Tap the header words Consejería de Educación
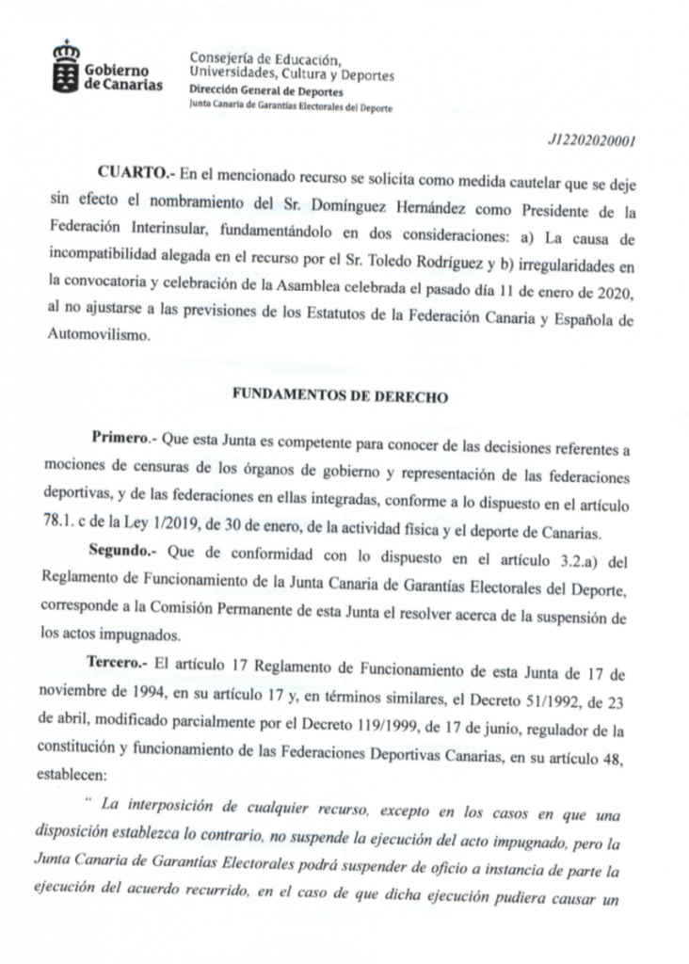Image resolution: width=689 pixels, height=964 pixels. coord(264,58)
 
